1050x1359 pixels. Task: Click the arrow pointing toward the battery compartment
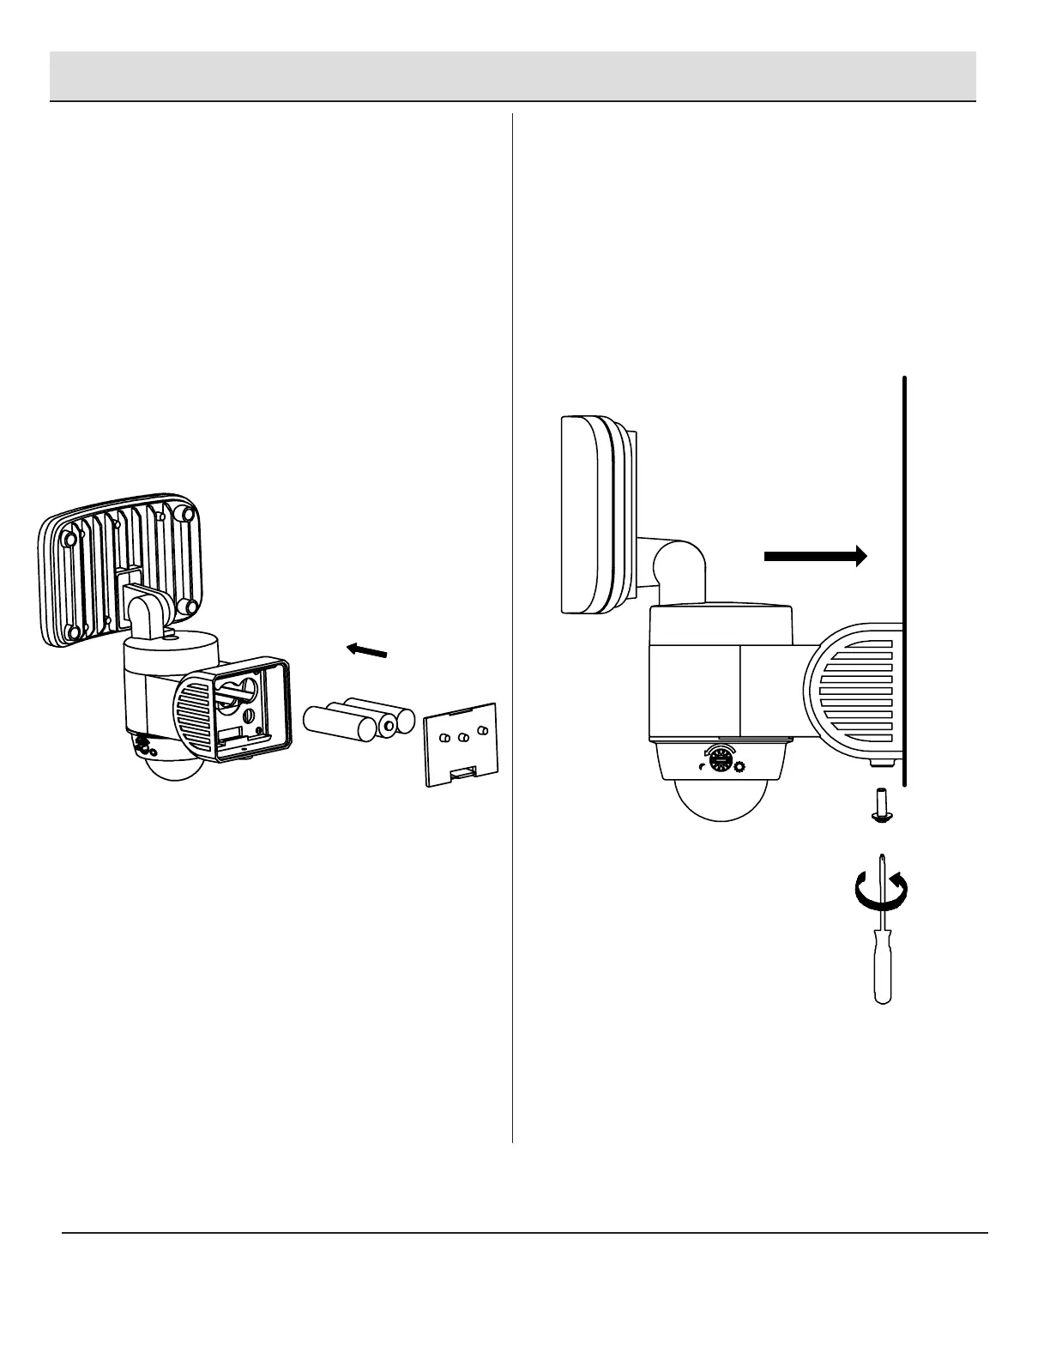click(366, 651)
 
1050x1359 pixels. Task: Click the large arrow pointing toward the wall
click(815, 556)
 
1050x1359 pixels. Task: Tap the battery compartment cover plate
click(462, 741)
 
